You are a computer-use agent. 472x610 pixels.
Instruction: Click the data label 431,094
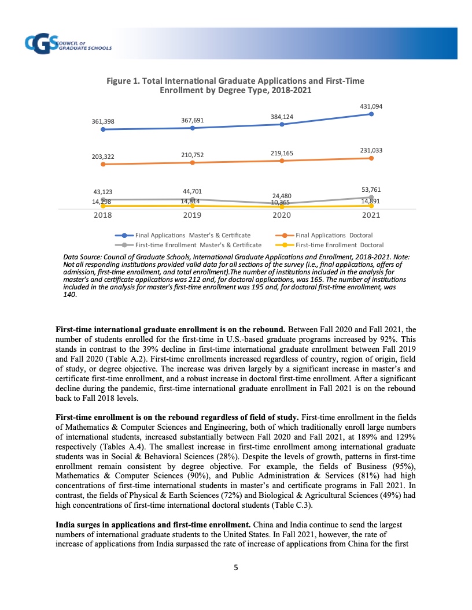pos(371,107)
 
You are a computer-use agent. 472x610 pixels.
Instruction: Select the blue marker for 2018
pos(103,129)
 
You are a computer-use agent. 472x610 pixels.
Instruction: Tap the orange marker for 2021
pos(371,158)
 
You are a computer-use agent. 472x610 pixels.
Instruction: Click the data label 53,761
pos(371,189)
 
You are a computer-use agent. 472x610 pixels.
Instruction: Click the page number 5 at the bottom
pos(235,567)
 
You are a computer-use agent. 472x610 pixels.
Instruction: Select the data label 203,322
pos(103,157)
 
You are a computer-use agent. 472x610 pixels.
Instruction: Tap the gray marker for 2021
pos(371,197)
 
